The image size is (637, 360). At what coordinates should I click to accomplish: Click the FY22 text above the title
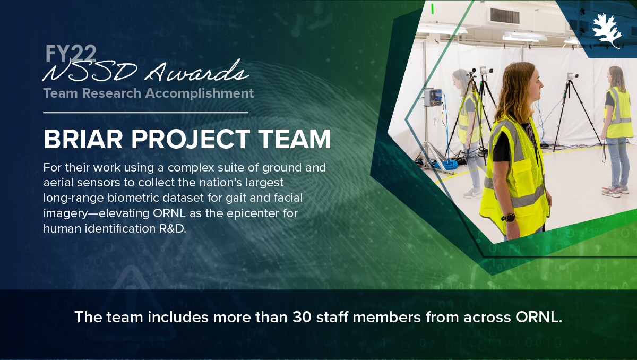[71, 54]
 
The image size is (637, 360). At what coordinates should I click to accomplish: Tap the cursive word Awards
[197, 71]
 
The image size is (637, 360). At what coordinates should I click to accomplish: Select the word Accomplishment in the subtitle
[200, 93]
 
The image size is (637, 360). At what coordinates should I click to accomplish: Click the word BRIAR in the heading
[83, 139]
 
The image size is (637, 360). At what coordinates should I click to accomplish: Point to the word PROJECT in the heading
[191, 139]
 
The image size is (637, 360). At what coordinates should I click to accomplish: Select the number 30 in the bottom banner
[302, 317]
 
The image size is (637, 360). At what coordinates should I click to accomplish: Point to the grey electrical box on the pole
[433, 97]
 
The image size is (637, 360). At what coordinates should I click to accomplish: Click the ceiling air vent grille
[505, 16]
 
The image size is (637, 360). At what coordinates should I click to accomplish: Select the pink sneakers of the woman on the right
[615, 191]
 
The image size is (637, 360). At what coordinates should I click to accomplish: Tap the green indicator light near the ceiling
[432, 8]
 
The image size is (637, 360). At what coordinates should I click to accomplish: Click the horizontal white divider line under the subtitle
[145, 113]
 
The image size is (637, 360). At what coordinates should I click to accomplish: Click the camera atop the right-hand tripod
[572, 76]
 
